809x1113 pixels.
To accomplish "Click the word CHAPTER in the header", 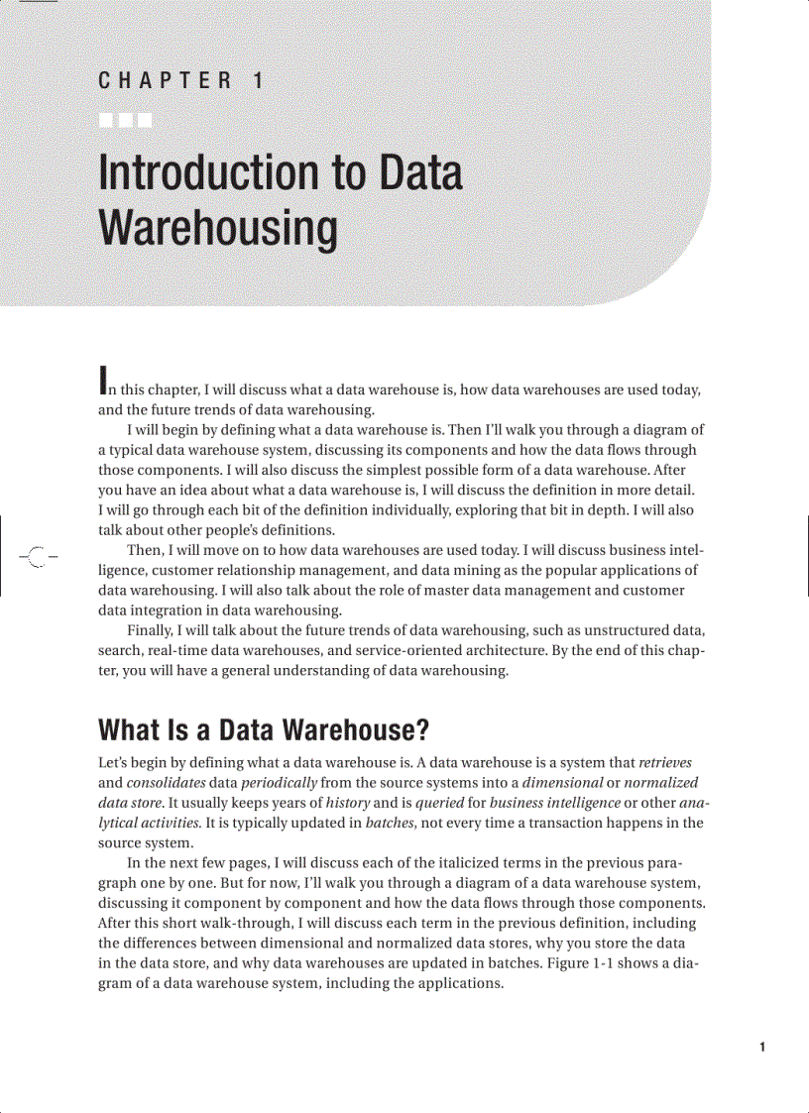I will (166, 81).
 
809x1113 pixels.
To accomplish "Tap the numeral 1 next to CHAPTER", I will (258, 81).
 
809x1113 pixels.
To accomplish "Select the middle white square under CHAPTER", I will (126, 121).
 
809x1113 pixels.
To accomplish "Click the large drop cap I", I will (103, 378).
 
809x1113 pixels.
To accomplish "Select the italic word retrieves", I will (665, 763).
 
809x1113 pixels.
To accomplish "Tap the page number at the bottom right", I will (761, 1048).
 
